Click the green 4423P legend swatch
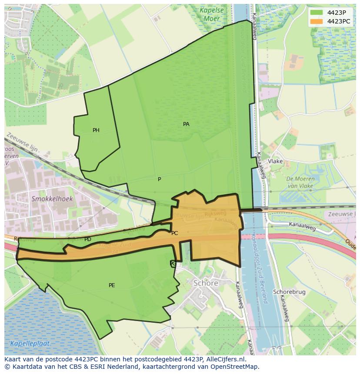317,12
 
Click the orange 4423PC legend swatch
317,21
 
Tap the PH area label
96,130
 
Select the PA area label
186,124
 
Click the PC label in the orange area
174,233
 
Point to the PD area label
88,239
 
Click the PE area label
112,285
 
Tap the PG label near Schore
173,263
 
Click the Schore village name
206,283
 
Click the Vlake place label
275,161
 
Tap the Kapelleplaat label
31,344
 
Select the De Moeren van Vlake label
300,182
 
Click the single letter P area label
159,179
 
